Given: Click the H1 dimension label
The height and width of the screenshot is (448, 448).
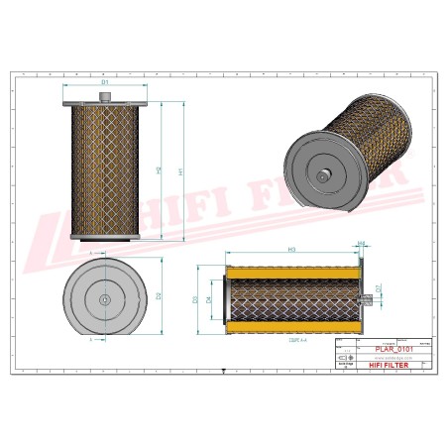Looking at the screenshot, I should click(x=180, y=170).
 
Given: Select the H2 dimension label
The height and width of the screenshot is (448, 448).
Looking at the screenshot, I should click(x=160, y=170).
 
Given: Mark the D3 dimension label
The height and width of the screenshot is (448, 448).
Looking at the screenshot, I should click(x=195, y=298).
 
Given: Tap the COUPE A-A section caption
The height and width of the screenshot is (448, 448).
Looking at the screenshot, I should click(x=295, y=339).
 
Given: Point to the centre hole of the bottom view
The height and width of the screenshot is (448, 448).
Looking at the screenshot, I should click(x=103, y=297).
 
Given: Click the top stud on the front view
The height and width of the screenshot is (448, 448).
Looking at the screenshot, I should click(x=103, y=97).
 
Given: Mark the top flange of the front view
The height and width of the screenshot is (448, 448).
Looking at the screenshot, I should click(x=103, y=107).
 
